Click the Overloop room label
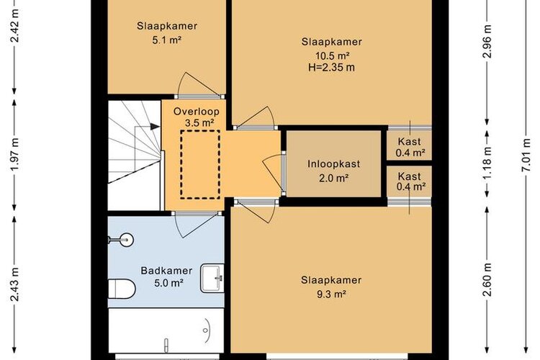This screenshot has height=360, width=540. tap(197, 112)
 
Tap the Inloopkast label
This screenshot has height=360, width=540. tap(333, 164)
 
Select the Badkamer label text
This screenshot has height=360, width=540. tap(166, 271)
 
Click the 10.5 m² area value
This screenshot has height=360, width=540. tap(333, 55)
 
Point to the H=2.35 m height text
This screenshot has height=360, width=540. tap(331, 67)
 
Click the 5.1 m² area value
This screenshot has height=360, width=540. tap(167, 40)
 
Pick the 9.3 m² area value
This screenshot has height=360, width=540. tap(331, 294)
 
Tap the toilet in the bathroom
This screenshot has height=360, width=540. tap(121, 289)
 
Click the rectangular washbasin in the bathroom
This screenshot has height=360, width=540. tap(212, 279)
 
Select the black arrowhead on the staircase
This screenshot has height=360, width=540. tap(155, 127)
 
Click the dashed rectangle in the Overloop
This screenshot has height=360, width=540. tap(200, 165)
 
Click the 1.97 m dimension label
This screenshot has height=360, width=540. tap(14, 155)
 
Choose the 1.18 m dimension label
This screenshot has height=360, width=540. tap(487, 162)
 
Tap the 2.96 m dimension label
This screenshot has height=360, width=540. tap(487, 41)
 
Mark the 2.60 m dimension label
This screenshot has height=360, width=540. tap(487, 279)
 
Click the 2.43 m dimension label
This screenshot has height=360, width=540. tap(14, 284)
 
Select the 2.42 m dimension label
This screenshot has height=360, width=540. tap(14, 25)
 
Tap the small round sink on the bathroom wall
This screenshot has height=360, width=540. tap(126, 239)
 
